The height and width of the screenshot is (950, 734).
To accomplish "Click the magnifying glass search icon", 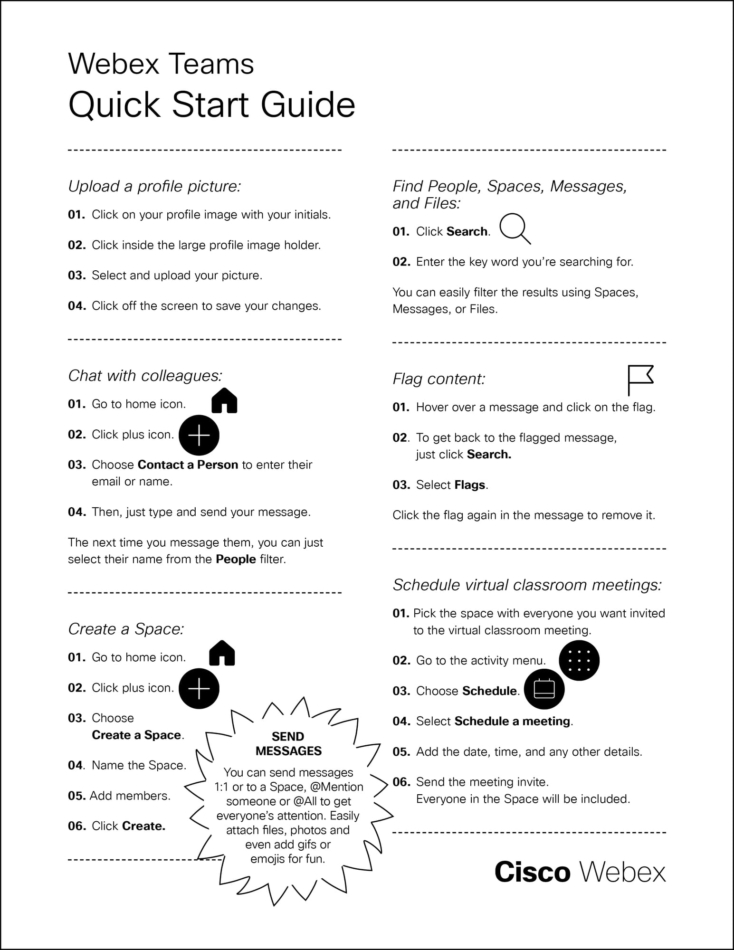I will (515, 228).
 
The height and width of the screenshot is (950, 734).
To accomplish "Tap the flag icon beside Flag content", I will (640, 380).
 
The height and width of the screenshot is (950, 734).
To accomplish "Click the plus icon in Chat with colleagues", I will (199, 435).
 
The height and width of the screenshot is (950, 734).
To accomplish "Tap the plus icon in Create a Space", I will (199, 688).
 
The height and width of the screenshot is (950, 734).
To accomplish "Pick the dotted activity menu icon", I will (579, 660).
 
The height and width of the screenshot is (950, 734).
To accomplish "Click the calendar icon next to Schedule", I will (544, 689).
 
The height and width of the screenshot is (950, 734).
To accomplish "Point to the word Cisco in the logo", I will (532, 872).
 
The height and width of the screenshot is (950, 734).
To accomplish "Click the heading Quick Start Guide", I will (212, 104).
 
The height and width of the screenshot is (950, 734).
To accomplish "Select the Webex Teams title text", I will (161, 64).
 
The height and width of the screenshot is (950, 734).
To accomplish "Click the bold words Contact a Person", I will (188, 465).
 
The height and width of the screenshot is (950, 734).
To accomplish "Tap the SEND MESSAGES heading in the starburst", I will (288, 743).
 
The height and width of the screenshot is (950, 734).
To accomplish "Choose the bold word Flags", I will (470, 485).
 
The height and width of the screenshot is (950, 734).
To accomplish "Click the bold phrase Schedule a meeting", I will (512, 721).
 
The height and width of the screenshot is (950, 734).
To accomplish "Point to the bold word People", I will (236, 559).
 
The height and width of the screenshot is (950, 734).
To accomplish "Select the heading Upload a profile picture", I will (154, 186).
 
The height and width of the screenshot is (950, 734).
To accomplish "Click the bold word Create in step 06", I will (143, 826).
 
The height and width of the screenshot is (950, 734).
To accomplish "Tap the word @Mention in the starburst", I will (336, 787).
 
